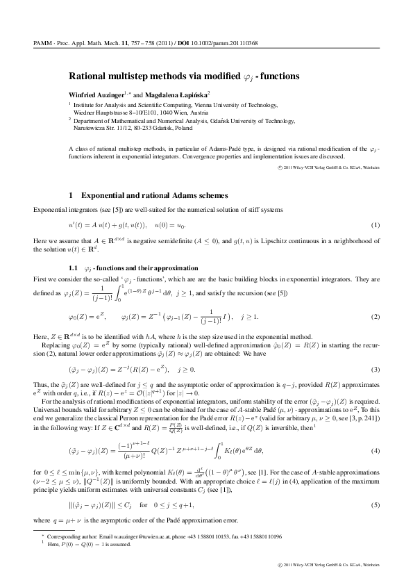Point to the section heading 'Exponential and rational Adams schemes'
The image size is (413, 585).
[x=160, y=196]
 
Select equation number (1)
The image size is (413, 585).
[x=376, y=226]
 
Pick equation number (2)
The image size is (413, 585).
[x=376, y=317]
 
